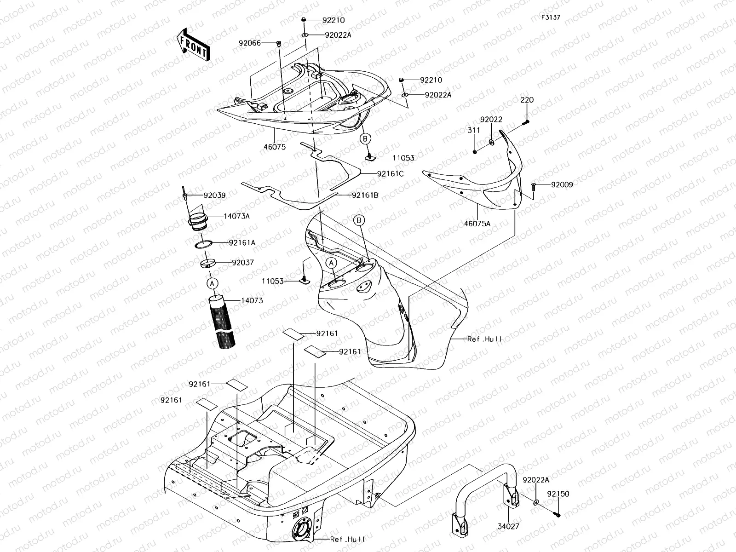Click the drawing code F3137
pyautogui.click(x=550, y=17)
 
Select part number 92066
pyautogui.click(x=249, y=43)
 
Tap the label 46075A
pyautogui.click(x=477, y=224)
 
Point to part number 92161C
pyautogui.click(x=390, y=174)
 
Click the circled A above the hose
pyautogui.click(x=212, y=284)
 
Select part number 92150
pyautogui.click(x=558, y=494)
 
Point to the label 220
pyautogui.click(x=527, y=100)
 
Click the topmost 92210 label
pyautogui.click(x=333, y=20)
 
